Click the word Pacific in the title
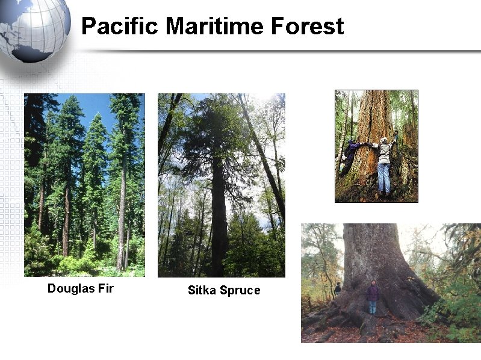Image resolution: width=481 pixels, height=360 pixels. point(119,26)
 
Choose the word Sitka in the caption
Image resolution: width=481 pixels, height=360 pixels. point(202,290)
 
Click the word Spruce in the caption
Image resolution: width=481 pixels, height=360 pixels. point(240,290)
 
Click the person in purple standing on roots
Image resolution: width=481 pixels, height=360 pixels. point(373,297)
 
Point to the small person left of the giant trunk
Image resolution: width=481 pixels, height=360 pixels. point(338,289)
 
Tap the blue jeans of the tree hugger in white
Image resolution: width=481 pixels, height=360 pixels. point(383,178)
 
